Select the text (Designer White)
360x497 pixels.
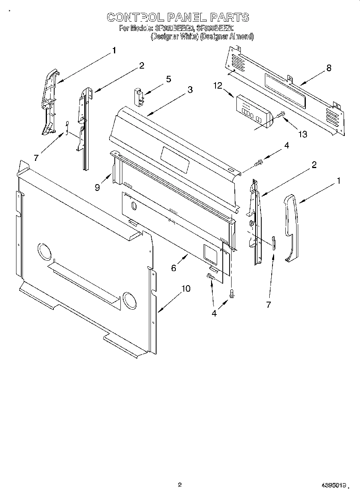pyautogui.click(x=174, y=36)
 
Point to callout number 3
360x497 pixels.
pyautogui.click(x=190, y=90)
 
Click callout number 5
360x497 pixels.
pyautogui.click(x=169, y=79)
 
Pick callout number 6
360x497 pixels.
pyautogui.click(x=173, y=268)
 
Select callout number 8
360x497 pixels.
pyautogui.click(x=329, y=68)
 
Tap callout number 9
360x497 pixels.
pyautogui.click(x=98, y=187)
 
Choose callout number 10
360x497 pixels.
pyautogui.click(x=185, y=288)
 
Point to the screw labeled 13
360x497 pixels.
pyautogui.click(x=280, y=116)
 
